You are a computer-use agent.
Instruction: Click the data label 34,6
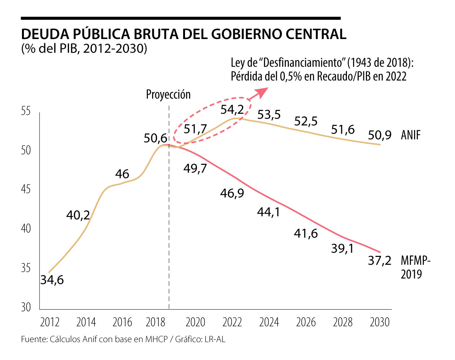coord(52,281)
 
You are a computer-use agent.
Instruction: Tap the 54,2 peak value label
coord(234,110)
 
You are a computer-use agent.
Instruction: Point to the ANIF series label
coord(411,135)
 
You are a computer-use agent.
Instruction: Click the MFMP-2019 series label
coord(416,267)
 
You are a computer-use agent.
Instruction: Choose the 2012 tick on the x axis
coord(49,322)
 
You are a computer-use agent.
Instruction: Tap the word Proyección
coord(168,94)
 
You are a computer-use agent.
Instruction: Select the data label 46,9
coord(232,193)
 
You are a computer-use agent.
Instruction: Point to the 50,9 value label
coord(380,135)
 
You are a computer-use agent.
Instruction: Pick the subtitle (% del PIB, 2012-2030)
coord(84,49)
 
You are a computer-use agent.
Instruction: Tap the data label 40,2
coord(78,215)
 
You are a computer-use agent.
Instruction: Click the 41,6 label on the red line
coord(306,233)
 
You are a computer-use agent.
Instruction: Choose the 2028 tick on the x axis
coord(343,322)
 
